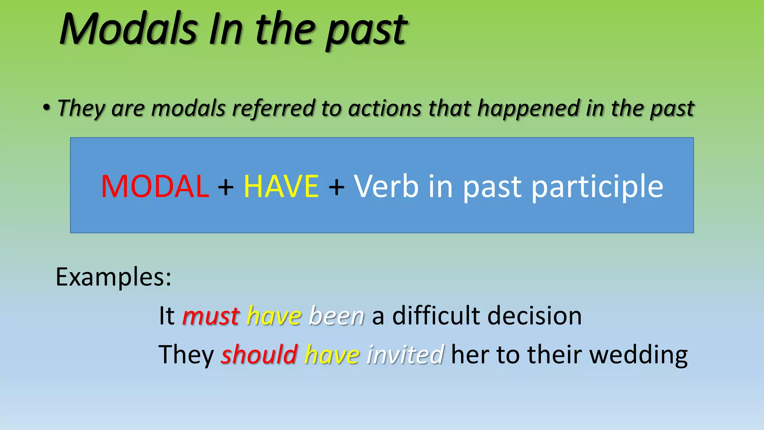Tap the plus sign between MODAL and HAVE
226,187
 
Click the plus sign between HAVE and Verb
336,187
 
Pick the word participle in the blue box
597,187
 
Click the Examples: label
113,277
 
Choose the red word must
211,316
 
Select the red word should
259,354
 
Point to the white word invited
406,354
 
